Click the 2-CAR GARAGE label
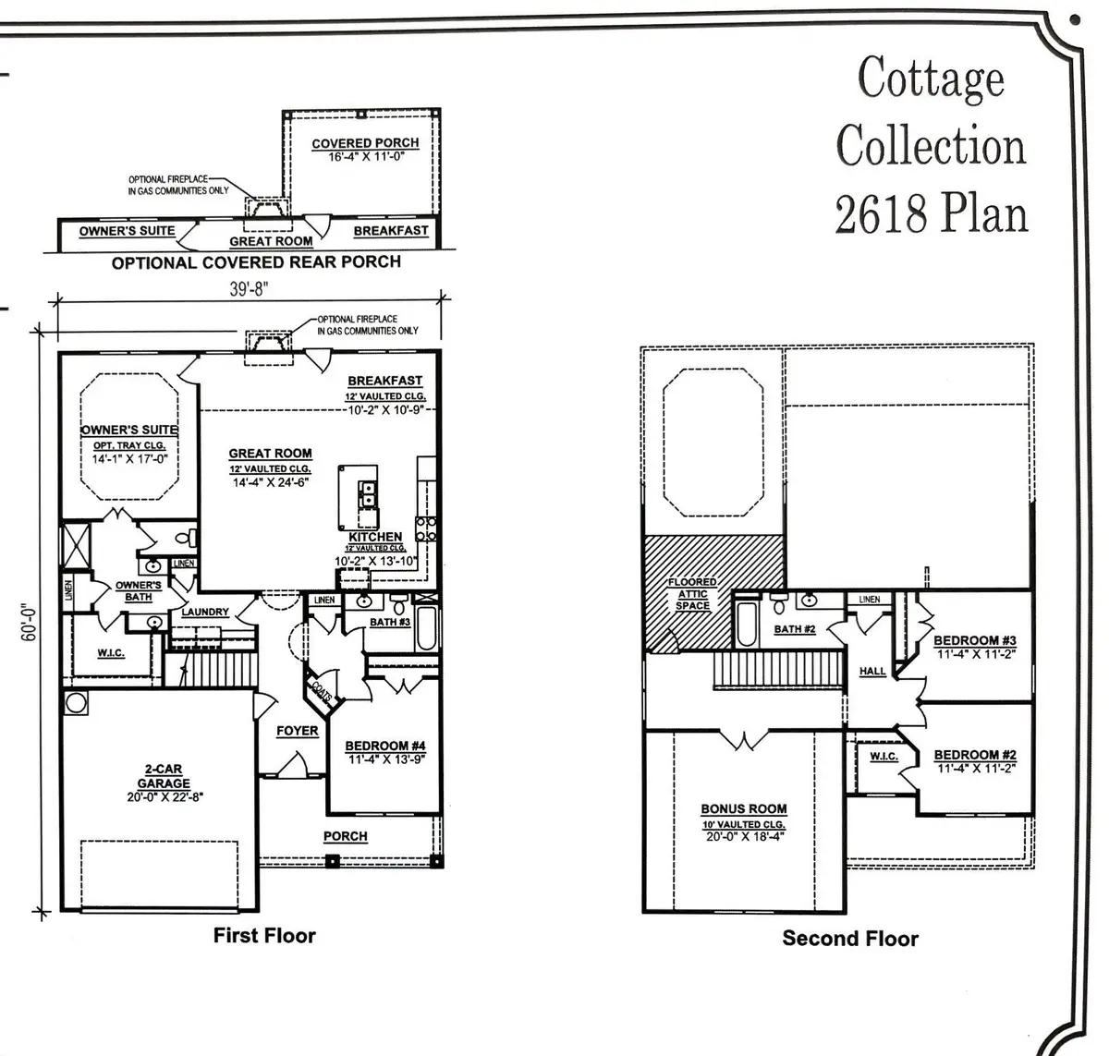pos(164,776)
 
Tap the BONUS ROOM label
pos(743,809)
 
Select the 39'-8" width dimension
pos(247,288)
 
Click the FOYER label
pos(297,731)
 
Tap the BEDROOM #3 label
pos(974,640)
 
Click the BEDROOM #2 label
pos(974,755)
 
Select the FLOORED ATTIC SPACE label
pos(692,594)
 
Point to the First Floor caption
pos(264,935)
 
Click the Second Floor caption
pos(850,939)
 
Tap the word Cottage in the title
pos(931,78)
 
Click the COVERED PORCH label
pos(365,143)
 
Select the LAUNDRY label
pos(205,612)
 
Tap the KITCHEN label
pos(375,537)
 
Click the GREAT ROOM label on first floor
pos(270,454)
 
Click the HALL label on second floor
pos(871,672)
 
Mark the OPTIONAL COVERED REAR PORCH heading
pos(256,262)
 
